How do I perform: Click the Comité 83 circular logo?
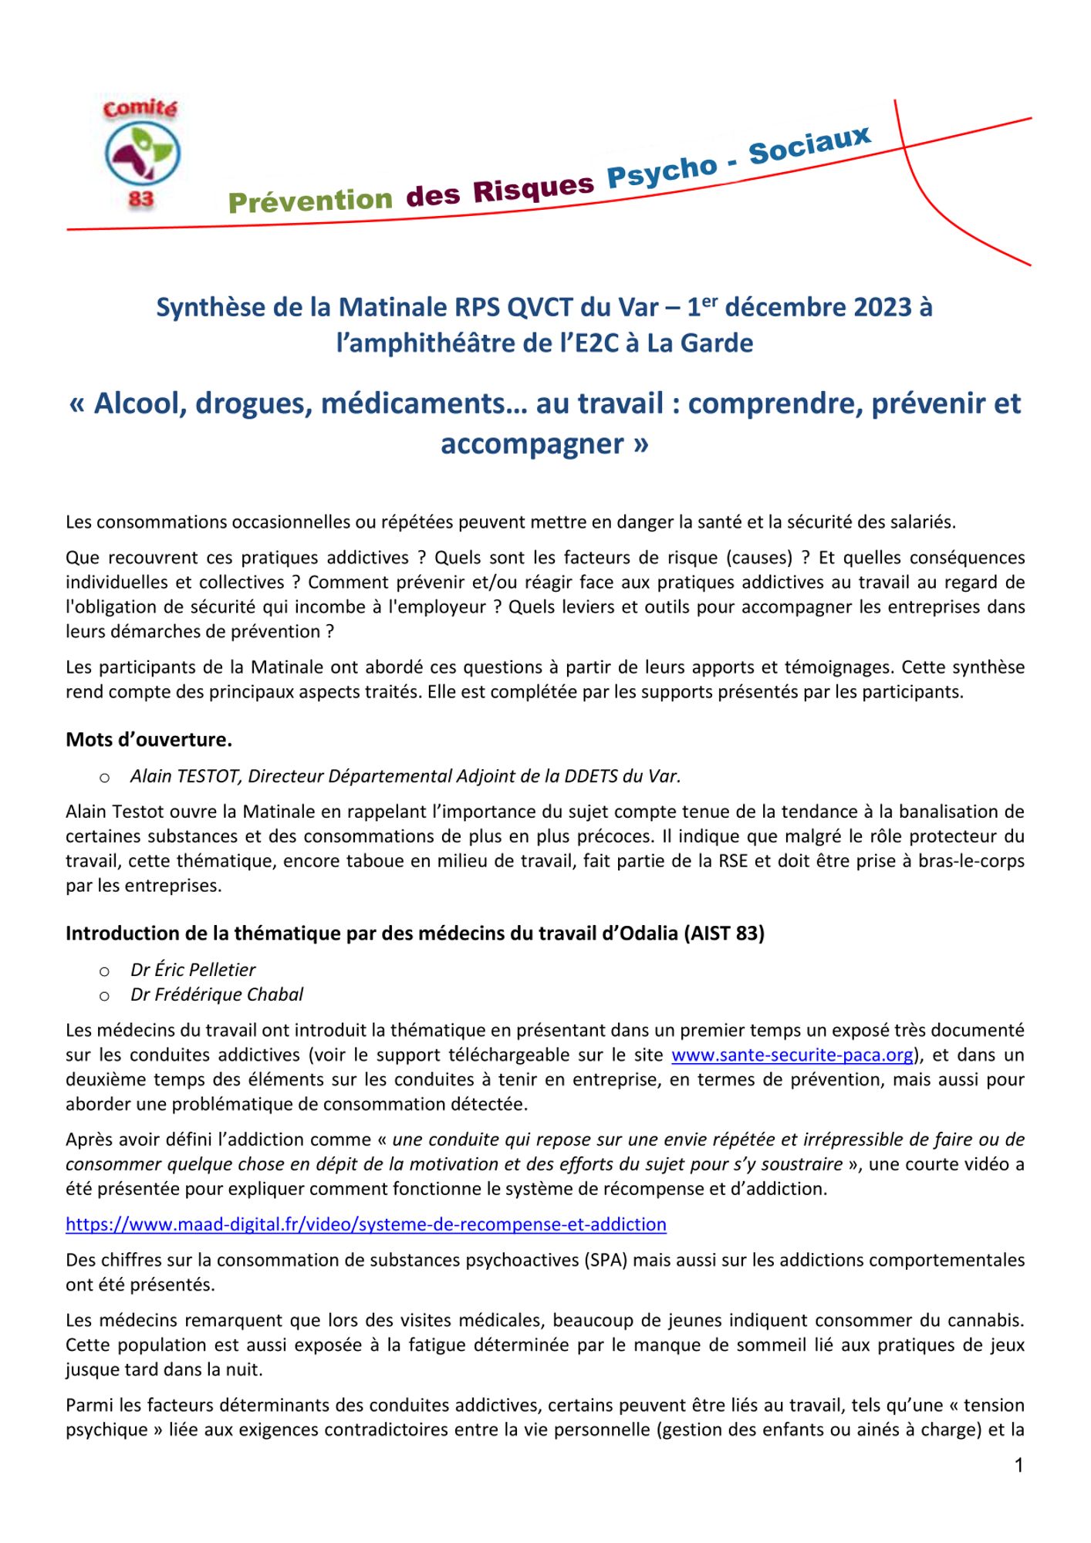pyautogui.click(x=141, y=154)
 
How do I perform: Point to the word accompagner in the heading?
pyautogui.click(x=532, y=444)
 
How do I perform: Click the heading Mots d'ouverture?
pyautogui.click(x=149, y=740)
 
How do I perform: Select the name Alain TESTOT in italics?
pyautogui.click(x=185, y=776)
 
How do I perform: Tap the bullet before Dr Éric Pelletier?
pyautogui.click(x=104, y=971)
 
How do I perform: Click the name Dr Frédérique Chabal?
pyautogui.click(x=217, y=994)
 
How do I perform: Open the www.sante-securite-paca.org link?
pyautogui.click(x=792, y=1055)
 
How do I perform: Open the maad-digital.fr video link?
pyautogui.click(x=366, y=1224)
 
